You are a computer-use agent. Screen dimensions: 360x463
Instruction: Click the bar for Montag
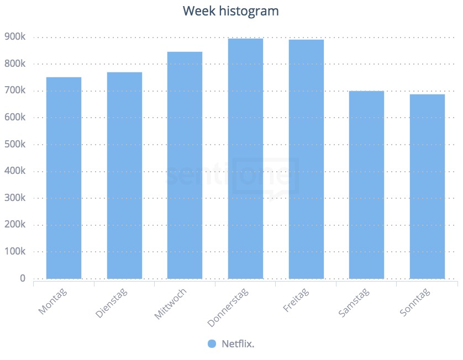click(x=64, y=178)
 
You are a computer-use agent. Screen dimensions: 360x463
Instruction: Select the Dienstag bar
click(x=124, y=176)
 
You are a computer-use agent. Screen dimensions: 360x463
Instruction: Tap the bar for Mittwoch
click(x=185, y=165)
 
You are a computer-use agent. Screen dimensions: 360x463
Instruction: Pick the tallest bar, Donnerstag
click(x=245, y=158)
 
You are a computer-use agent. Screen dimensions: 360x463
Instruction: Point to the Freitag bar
click(x=306, y=159)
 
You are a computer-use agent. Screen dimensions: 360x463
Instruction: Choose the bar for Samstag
click(x=366, y=184)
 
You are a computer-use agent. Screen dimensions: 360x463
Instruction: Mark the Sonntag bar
click(x=427, y=186)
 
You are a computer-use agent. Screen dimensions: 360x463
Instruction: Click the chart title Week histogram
click(x=231, y=11)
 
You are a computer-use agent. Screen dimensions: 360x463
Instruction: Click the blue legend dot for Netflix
click(x=212, y=343)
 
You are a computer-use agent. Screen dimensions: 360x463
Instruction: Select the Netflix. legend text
click(x=238, y=343)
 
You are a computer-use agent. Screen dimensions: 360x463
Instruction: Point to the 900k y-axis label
click(x=14, y=37)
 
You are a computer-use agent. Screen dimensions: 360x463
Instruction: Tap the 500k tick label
click(x=14, y=145)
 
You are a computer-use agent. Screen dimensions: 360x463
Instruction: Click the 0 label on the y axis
click(x=23, y=278)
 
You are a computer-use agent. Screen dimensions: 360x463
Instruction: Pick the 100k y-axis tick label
click(x=14, y=252)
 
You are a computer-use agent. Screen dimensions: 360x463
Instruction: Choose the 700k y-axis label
click(x=14, y=91)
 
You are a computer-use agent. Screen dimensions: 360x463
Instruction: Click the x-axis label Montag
click(x=53, y=301)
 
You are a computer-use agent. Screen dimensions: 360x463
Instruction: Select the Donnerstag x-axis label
click(x=228, y=306)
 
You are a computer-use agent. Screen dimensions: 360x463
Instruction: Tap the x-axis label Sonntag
click(x=415, y=303)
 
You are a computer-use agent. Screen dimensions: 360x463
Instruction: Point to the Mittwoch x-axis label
click(x=171, y=304)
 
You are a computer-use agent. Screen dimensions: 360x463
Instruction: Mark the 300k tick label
click(x=14, y=198)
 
